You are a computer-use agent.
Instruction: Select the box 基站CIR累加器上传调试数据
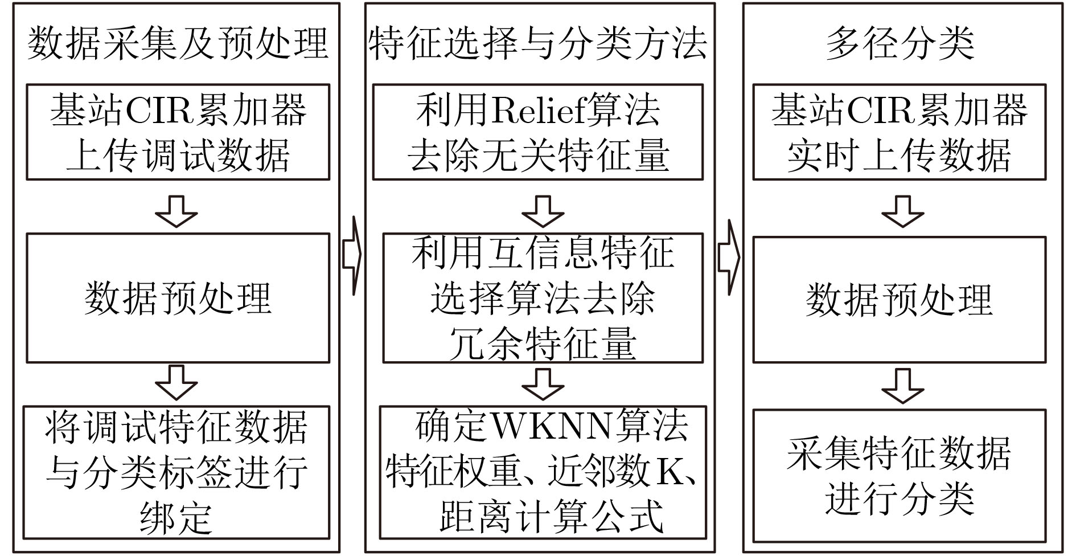pos(178,132)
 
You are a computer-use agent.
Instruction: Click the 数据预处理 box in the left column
pos(178,298)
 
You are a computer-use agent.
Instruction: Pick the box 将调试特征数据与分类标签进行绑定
pos(176,472)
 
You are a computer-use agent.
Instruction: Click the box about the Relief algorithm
pos(538,132)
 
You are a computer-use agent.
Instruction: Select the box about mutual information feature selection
pos(543,298)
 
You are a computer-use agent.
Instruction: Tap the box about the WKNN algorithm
pos(543,472)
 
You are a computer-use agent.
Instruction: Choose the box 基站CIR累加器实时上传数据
pos(900,132)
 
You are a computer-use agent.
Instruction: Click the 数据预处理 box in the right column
pos(900,300)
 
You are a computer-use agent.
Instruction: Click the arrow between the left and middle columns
pos(352,256)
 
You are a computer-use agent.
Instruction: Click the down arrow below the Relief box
pos(543,211)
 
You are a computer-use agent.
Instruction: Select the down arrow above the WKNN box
pos(543,384)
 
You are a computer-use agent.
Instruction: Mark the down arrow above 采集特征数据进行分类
pos(902,386)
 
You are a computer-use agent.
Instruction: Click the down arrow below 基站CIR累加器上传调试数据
pos(176,211)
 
